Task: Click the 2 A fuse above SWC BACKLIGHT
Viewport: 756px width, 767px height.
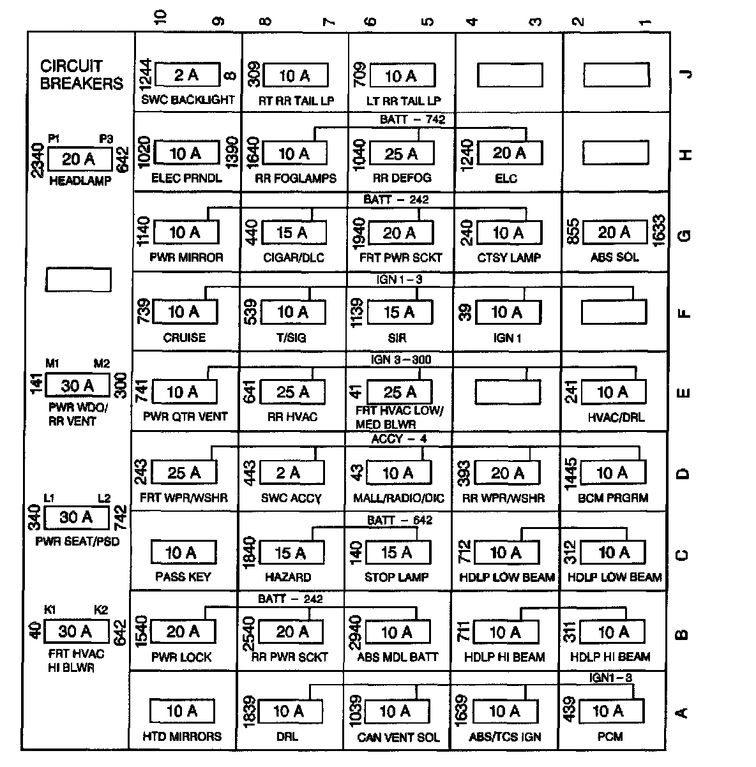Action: pos(186,75)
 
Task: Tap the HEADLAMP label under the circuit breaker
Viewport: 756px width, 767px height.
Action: pos(80,181)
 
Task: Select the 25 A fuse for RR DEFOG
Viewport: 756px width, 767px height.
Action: pos(402,154)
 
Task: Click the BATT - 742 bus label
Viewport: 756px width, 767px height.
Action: pos(412,119)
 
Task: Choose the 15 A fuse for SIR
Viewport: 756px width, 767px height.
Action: pos(400,312)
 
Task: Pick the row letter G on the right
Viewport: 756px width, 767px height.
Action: pos(684,235)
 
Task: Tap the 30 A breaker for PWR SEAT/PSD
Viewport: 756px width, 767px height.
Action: pos(77,518)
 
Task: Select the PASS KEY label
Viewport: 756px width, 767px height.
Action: pos(183,577)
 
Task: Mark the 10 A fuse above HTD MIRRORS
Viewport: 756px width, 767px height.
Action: pos(182,711)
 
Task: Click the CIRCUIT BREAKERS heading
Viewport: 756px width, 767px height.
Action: pos(81,75)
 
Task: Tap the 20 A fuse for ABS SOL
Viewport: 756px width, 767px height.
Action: pos(614,233)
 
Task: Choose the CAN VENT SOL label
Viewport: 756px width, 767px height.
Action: pos(399,737)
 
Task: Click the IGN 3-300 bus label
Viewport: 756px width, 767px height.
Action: pos(401,360)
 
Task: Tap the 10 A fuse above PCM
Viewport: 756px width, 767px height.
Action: pos(609,711)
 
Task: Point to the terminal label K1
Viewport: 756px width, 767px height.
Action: pos(50,609)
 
